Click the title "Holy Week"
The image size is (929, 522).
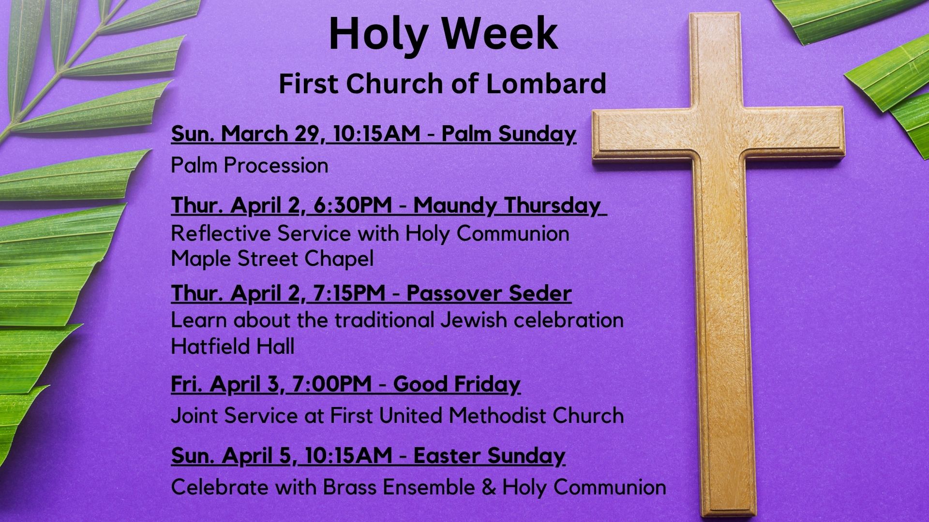(x=443, y=34)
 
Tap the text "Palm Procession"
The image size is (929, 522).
(x=250, y=166)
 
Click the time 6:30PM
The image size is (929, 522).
(x=353, y=205)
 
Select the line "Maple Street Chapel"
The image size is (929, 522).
(x=272, y=259)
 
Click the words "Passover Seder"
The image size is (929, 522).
(x=489, y=293)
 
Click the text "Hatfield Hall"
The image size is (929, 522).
(x=233, y=347)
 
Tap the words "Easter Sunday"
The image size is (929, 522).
(x=489, y=456)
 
